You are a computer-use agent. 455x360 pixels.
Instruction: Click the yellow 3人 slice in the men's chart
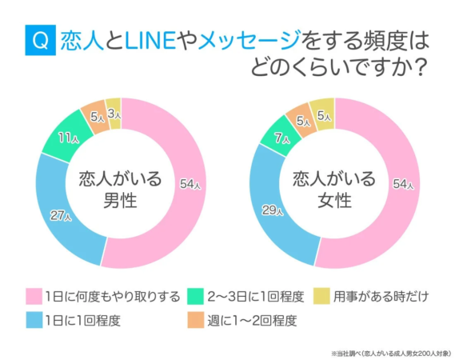coord(114,114)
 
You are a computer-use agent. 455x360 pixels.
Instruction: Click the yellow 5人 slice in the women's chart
coord(323,115)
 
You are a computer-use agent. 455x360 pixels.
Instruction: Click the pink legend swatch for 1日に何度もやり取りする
coord(32,296)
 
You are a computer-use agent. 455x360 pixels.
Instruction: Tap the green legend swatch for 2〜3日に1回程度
coord(194,296)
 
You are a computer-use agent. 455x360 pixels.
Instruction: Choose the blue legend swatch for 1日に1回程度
coord(32,322)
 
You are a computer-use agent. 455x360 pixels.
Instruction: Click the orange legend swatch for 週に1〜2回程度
coord(194,322)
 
